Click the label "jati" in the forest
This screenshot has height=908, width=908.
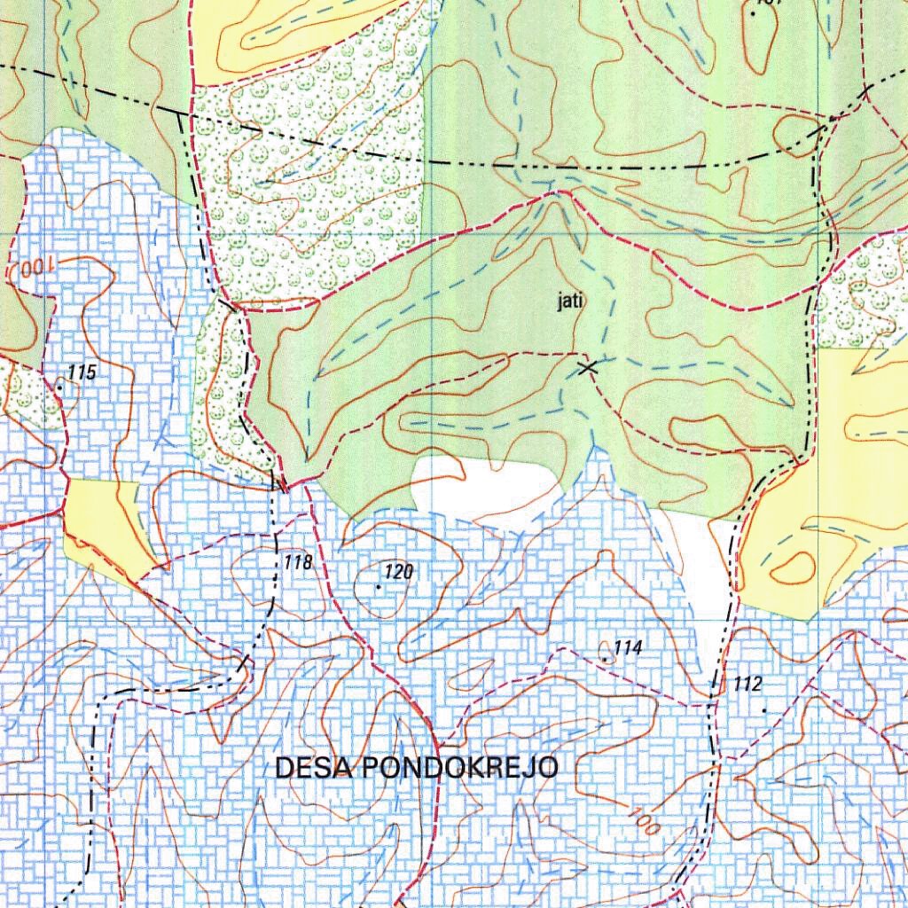569,302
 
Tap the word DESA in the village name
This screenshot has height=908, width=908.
312,768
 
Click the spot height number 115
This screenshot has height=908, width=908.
81,373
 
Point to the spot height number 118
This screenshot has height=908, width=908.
299,561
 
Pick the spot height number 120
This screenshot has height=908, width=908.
398,572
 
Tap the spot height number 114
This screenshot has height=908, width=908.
627,648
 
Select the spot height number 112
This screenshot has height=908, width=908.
748,684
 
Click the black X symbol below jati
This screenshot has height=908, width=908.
585,366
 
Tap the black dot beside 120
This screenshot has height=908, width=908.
379,587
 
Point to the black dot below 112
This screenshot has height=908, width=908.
765,711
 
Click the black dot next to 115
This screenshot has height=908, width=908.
59,387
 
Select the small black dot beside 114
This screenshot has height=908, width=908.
606,659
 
